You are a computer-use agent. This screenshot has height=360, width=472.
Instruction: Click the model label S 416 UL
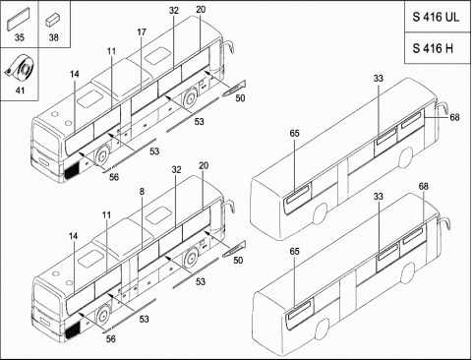[436, 17]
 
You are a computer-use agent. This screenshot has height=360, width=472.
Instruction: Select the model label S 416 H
[433, 48]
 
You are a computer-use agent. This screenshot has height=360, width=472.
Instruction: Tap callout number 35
[20, 37]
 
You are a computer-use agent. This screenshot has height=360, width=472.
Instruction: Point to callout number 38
[54, 37]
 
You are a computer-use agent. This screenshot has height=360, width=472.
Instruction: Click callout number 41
[20, 90]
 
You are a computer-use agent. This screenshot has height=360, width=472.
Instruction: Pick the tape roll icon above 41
[21, 67]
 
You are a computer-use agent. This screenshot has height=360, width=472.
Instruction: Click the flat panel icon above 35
[19, 19]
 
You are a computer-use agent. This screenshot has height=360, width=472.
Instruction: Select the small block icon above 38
[52, 20]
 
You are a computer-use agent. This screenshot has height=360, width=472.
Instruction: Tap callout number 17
[142, 32]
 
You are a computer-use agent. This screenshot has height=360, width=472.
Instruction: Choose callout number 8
[142, 192]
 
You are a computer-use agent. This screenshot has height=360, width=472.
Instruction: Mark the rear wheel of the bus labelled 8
[191, 258]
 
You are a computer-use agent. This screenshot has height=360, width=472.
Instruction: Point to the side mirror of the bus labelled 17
[228, 46]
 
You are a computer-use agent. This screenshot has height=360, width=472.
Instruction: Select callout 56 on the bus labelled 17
[114, 177]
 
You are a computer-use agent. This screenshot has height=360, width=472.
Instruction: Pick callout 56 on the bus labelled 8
[111, 338]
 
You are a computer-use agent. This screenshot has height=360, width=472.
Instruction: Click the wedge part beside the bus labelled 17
[234, 89]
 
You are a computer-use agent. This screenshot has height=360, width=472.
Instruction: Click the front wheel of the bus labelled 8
[103, 316]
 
